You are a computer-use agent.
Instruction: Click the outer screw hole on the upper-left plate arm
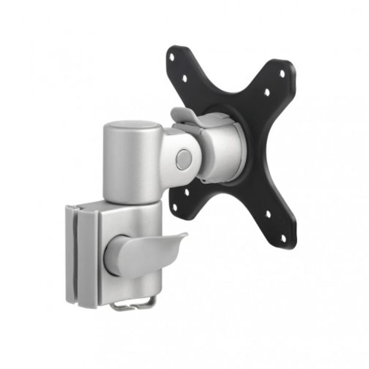point(171,57)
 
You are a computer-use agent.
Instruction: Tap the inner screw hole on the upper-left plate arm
point(184,78)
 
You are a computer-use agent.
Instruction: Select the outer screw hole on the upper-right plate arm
point(282,74)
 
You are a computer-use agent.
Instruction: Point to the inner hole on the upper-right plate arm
point(267,91)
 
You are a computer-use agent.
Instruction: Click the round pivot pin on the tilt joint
point(183,159)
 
